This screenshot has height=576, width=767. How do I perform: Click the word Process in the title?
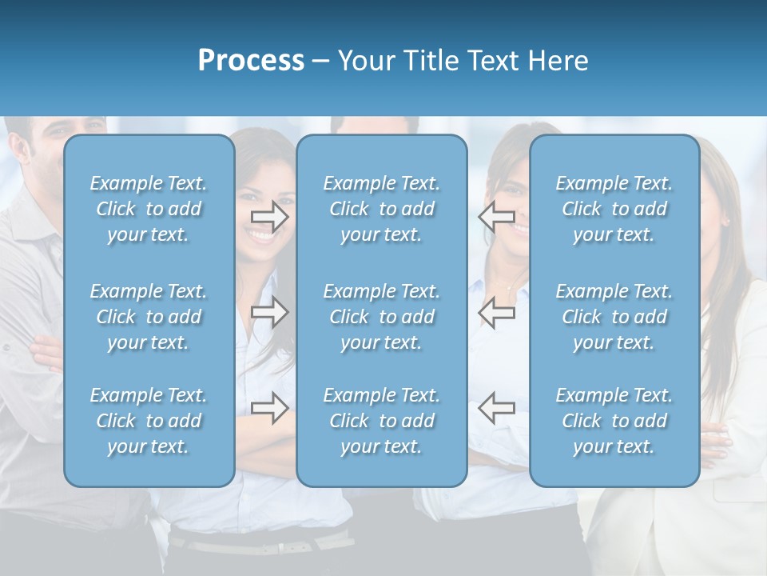coord(251,61)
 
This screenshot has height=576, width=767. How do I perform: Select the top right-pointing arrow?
coord(270,216)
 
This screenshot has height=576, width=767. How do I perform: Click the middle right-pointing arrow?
coord(270,312)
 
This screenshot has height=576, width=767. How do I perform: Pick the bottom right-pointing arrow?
coord(270,408)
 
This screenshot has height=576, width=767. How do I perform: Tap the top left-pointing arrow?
coord(496,216)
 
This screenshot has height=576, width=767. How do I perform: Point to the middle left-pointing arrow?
coord(496,312)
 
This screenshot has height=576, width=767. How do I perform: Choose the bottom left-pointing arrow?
coord(496,408)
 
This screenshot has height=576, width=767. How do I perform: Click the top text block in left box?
coord(149,209)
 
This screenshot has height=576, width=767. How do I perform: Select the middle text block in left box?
coord(149,317)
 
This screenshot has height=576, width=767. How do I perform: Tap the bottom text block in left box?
coord(149,421)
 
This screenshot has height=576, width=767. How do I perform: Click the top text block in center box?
coord(381,209)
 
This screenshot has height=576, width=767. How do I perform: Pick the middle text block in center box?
coord(381,317)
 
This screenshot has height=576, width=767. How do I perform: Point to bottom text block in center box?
coord(381,421)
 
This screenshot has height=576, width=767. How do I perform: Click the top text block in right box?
coord(614,209)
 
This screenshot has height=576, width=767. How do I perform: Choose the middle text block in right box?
coord(614,317)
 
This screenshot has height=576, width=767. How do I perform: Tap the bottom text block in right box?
coord(614,421)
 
